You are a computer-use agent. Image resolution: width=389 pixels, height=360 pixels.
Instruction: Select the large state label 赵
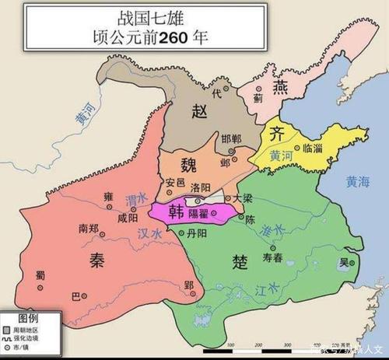tap(199, 111)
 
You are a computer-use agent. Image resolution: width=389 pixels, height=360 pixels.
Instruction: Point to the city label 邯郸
tap(230, 135)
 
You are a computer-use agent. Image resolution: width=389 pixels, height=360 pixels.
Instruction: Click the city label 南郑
tap(90, 229)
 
